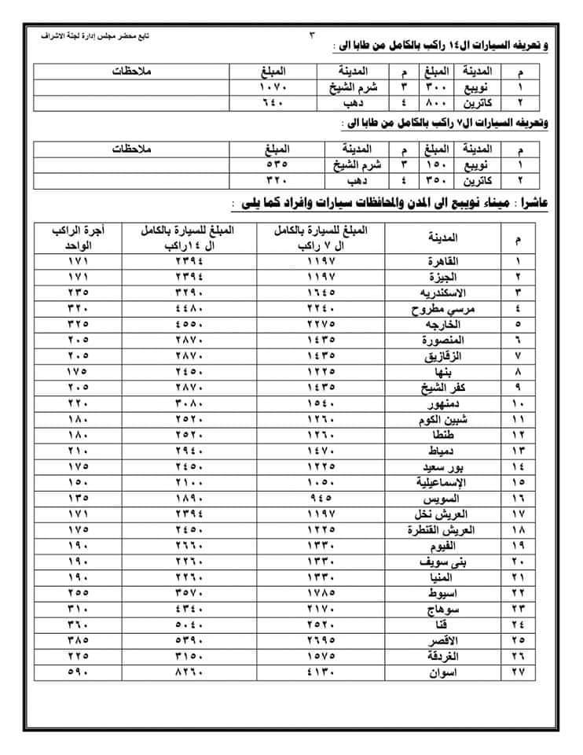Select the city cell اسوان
tap(444, 673)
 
